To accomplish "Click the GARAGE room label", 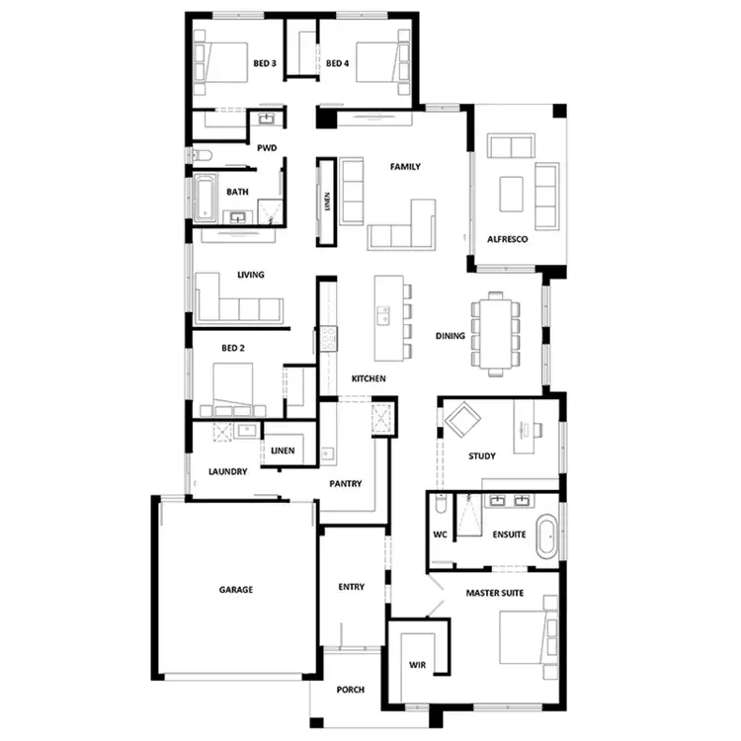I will click(236, 590).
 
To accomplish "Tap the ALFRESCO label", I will click(508, 239).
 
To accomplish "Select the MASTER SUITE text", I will click(495, 593).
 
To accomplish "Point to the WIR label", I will click(417, 665).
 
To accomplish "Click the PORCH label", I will click(350, 690).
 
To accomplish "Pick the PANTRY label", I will click(345, 484).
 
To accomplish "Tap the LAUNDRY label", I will click(227, 471).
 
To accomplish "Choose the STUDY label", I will click(482, 456).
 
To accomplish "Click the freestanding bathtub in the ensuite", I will click(544, 534).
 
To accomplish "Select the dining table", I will click(496, 333).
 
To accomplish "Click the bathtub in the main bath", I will click(204, 198).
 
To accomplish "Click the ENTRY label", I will click(352, 587).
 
